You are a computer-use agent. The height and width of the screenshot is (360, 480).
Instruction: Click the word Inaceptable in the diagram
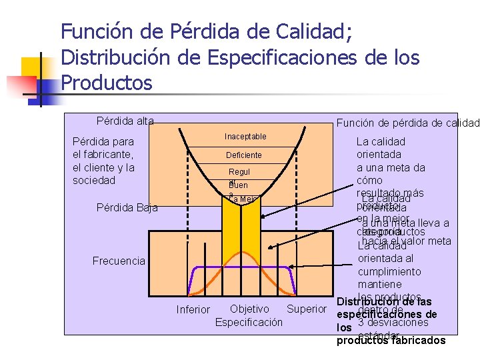(x=245, y=137)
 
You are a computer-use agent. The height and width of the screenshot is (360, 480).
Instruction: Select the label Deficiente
(x=243, y=155)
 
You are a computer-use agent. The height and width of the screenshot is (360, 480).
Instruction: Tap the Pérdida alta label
(x=125, y=121)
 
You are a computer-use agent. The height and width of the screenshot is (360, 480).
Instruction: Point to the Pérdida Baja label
(x=127, y=207)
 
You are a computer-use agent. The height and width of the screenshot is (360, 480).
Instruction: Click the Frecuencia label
(x=119, y=261)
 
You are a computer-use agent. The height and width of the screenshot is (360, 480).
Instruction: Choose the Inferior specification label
(x=193, y=309)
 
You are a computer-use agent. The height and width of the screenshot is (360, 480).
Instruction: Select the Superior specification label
(x=306, y=309)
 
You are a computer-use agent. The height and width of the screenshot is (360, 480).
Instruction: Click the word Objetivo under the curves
(x=249, y=309)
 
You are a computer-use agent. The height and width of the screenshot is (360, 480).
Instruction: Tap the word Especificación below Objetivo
(x=249, y=322)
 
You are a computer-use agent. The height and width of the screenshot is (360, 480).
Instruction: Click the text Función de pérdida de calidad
(x=407, y=123)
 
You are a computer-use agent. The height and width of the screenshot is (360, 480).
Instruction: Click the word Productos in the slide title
(x=107, y=83)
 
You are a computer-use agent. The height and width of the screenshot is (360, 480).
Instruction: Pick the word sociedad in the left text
(x=94, y=180)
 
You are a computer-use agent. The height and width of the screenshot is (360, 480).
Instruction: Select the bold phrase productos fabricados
(x=391, y=341)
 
